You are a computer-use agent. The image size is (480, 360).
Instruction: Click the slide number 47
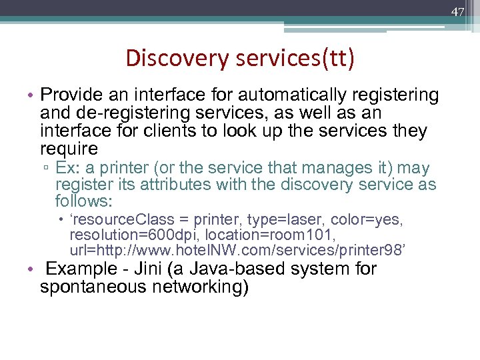[458, 12]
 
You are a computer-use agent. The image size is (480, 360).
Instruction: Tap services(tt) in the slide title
[295, 59]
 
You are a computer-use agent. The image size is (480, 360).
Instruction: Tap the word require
[69, 149]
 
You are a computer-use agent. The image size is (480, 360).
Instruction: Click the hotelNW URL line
[237, 250]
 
